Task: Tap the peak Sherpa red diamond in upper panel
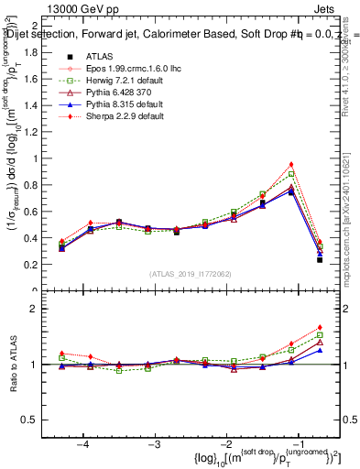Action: point(291,164)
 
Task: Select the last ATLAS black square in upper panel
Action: point(320,260)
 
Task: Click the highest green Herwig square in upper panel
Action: point(291,174)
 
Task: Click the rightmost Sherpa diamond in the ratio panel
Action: point(320,327)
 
